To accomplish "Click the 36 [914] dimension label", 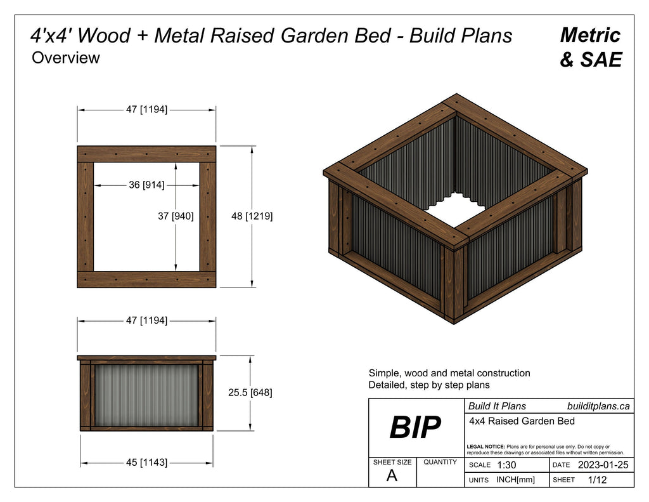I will pyautogui.click(x=147, y=185).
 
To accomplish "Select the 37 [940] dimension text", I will pyautogui.click(x=176, y=216).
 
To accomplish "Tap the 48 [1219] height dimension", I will pyautogui.click(x=252, y=216).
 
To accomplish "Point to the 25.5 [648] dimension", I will pyautogui.click(x=250, y=393).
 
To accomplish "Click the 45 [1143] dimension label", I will pyautogui.click(x=146, y=463).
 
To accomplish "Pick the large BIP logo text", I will pyautogui.click(x=415, y=428).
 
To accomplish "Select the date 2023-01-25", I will pyautogui.click(x=603, y=465).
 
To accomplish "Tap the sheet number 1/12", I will pyautogui.click(x=597, y=480).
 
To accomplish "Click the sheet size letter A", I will pyautogui.click(x=392, y=477).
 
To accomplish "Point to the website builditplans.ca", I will pyautogui.click(x=598, y=406).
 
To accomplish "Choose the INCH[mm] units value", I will pyautogui.click(x=515, y=480).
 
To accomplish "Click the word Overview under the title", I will pyautogui.click(x=66, y=58).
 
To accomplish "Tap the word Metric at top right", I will pyautogui.click(x=590, y=35).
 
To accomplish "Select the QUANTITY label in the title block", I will pyautogui.click(x=440, y=462).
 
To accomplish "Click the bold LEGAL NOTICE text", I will pyautogui.click(x=485, y=447).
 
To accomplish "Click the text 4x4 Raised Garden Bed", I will pyautogui.click(x=522, y=421).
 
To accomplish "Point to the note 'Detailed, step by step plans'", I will pyautogui.click(x=429, y=385).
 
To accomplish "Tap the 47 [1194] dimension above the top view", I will pyautogui.click(x=146, y=109).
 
